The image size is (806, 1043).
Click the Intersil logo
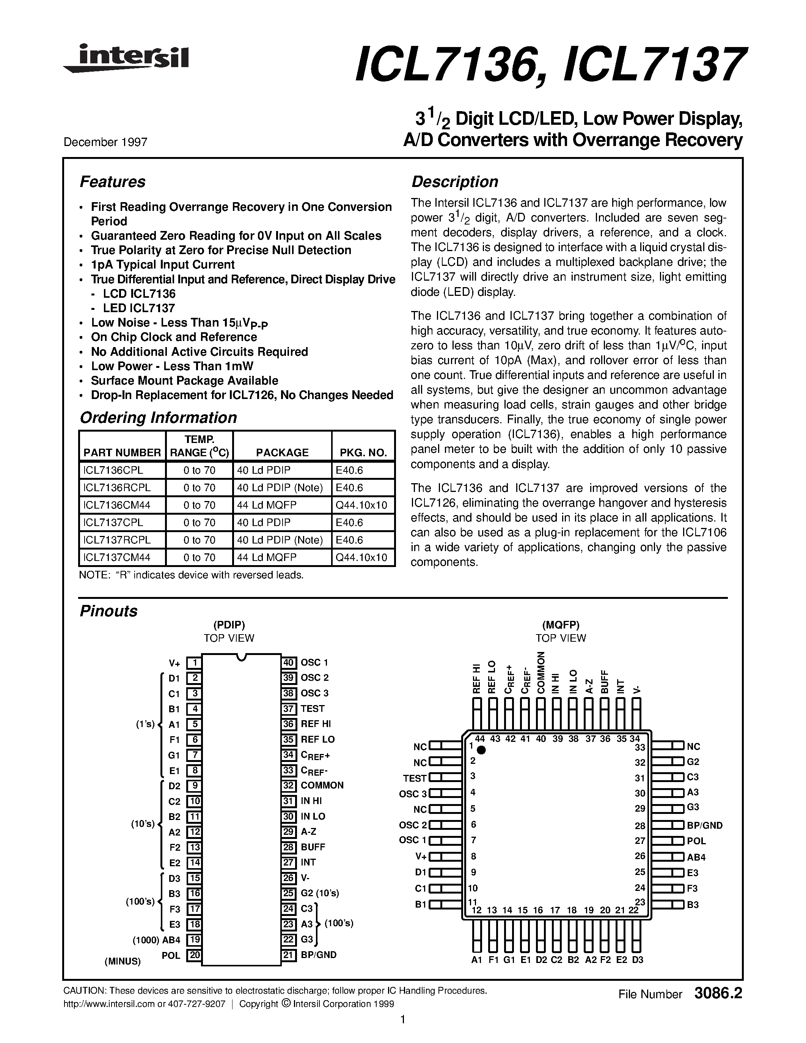[x=127, y=59]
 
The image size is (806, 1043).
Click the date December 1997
[x=105, y=142]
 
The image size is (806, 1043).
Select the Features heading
[x=112, y=182]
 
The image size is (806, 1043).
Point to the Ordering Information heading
[x=158, y=418]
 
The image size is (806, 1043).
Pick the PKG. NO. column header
[x=363, y=452]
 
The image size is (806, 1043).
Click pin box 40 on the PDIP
[x=289, y=662]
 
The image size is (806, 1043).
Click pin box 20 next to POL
[x=193, y=955]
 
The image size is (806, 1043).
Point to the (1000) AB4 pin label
[x=157, y=940]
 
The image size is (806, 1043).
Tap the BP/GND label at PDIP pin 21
[x=319, y=955]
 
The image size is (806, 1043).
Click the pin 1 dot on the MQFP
[x=481, y=750]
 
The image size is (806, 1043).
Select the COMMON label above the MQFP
[x=540, y=672]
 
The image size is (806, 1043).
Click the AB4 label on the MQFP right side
[x=696, y=857]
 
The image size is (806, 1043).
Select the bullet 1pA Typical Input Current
[x=162, y=265]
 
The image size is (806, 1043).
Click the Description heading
[x=454, y=182]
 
